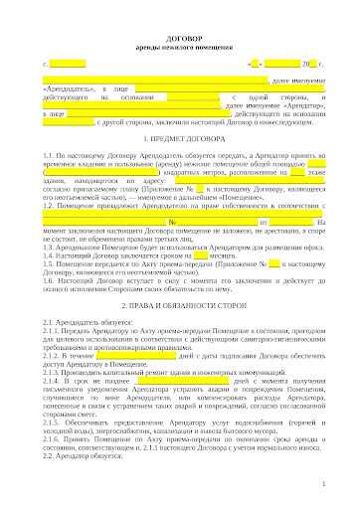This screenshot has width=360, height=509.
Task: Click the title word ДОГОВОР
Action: click(x=180, y=36)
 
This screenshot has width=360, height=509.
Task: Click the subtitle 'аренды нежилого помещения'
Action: click(x=180, y=46)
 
